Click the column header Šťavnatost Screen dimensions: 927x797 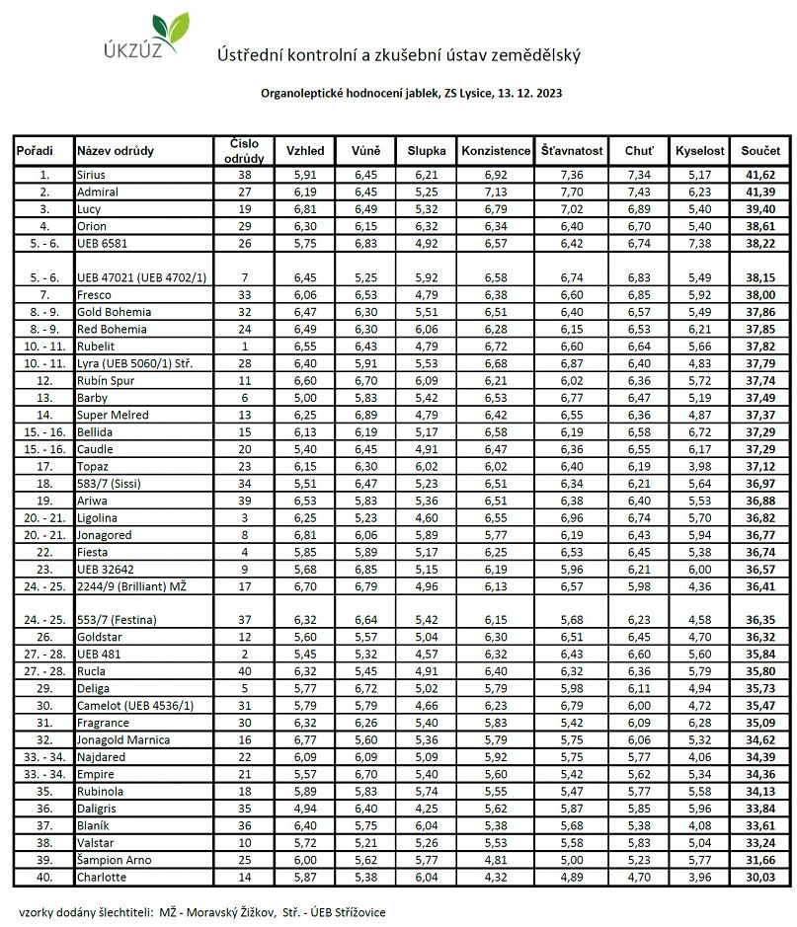point(572,151)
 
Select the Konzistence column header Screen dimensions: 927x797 point(495,151)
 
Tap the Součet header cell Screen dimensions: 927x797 point(759,151)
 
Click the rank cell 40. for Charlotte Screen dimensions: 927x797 point(43,877)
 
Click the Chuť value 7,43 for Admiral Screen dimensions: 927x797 point(638,192)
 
